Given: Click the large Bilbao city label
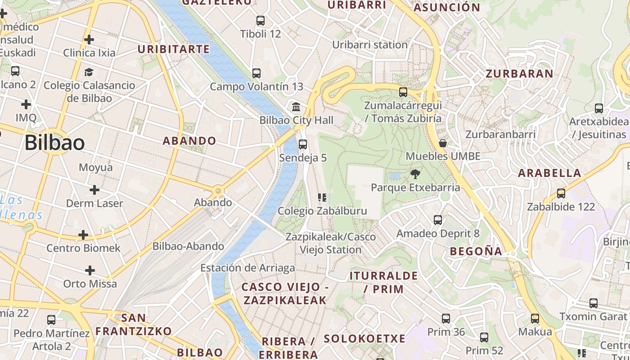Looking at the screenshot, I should (x=54, y=143).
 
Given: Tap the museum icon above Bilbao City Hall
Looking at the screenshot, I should (x=296, y=107).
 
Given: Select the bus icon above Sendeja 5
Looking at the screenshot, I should (x=303, y=144).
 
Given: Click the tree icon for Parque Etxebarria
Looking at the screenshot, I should (x=415, y=174).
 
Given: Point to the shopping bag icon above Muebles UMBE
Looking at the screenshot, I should (x=443, y=143).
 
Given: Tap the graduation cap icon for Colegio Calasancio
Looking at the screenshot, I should (x=89, y=72).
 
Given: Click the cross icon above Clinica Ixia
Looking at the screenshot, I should (x=89, y=40).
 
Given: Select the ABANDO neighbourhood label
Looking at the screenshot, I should (x=189, y=141).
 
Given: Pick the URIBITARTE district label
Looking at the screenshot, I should (x=174, y=49).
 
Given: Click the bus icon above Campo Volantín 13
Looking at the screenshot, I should (x=256, y=73).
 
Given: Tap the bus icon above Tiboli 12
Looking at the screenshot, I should (x=260, y=21).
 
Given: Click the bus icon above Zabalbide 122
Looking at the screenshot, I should (x=561, y=193).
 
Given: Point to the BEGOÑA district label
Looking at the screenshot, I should (x=476, y=251).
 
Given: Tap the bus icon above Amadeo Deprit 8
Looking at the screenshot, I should (x=438, y=220).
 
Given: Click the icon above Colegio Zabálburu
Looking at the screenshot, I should (x=322, y=198).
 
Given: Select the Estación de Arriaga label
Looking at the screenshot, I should (x=247, y=268).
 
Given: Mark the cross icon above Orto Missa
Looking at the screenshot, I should (x=90, y=270).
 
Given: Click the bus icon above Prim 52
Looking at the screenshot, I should (x=484, y=337).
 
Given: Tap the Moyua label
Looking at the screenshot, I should (x=95, y=167).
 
